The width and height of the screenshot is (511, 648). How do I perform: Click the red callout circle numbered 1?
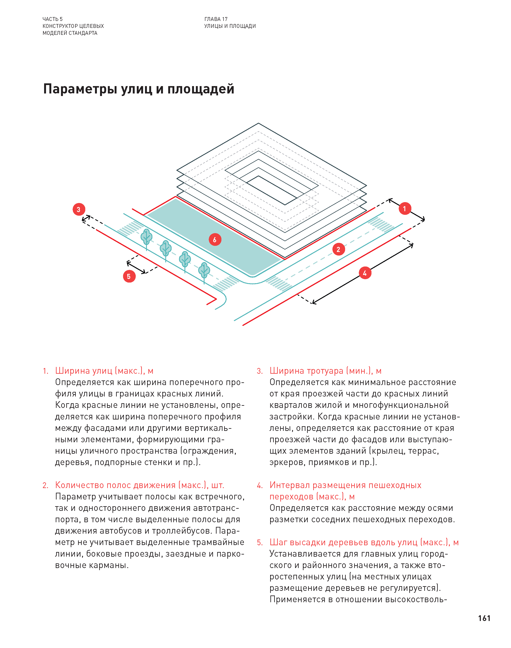[x=405, y=208]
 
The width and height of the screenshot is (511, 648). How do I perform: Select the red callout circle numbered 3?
[x=79, y=209]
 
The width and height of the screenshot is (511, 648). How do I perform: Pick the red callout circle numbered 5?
[x=129, y=276]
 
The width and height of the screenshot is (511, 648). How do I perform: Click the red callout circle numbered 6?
[x=215, y=239]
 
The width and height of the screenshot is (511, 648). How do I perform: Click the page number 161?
[x=484, y=618]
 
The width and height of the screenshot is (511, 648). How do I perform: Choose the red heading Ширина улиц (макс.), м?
[x=104, y=371]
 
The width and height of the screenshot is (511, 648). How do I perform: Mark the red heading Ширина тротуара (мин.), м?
[x=325, y=371]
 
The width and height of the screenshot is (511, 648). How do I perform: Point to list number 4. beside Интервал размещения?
[x=259, y=485]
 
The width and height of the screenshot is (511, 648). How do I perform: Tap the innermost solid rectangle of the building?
[x=271, y=191]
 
